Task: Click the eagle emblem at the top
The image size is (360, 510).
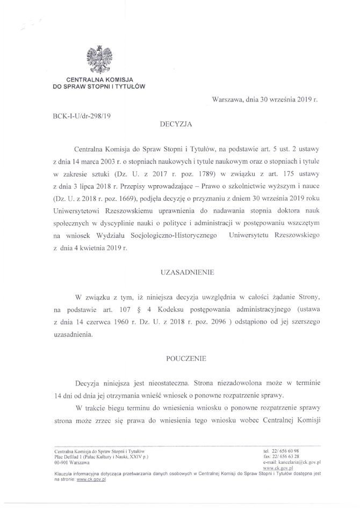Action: click(x=99, y=58)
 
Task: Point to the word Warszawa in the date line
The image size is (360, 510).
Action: click(x=228, y=100)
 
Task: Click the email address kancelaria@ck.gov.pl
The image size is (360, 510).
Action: click(x=298, y=462)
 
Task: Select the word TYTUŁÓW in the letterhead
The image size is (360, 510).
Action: click(x=129, y=85)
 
